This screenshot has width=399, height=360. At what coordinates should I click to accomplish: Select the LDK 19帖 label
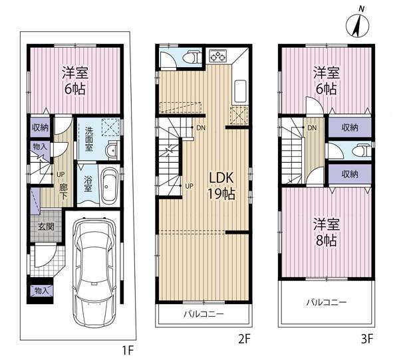[221, 185]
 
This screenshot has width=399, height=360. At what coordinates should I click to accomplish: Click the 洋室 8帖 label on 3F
[325, 232]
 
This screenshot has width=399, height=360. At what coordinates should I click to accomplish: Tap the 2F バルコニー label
[204, 314]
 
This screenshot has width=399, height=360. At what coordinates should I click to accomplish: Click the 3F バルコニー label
[327, 302]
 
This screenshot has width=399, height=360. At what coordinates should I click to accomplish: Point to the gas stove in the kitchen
[217, 56]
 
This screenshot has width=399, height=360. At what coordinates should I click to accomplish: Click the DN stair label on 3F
[311, 128]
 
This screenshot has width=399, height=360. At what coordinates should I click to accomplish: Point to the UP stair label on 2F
[190, 185]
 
